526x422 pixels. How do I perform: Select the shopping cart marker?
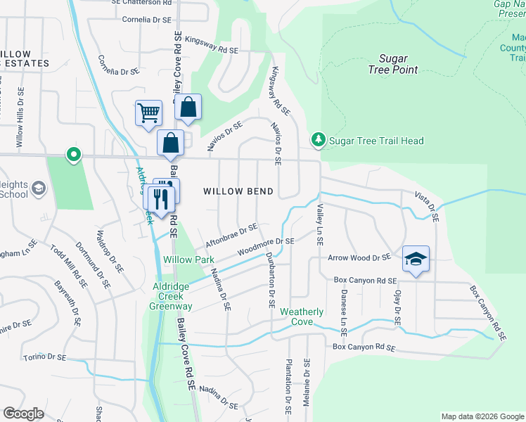click(149, 113)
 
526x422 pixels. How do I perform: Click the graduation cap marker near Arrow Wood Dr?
click(416, 259)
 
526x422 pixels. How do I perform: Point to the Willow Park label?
click(188, 260)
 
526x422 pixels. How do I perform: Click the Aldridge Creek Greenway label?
click(172, 297)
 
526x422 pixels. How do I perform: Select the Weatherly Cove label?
click(302, 316)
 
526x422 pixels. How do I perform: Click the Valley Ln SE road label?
click(319, 224)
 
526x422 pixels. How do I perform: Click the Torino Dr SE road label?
click(44, 358)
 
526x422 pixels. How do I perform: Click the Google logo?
click(24, 414)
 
